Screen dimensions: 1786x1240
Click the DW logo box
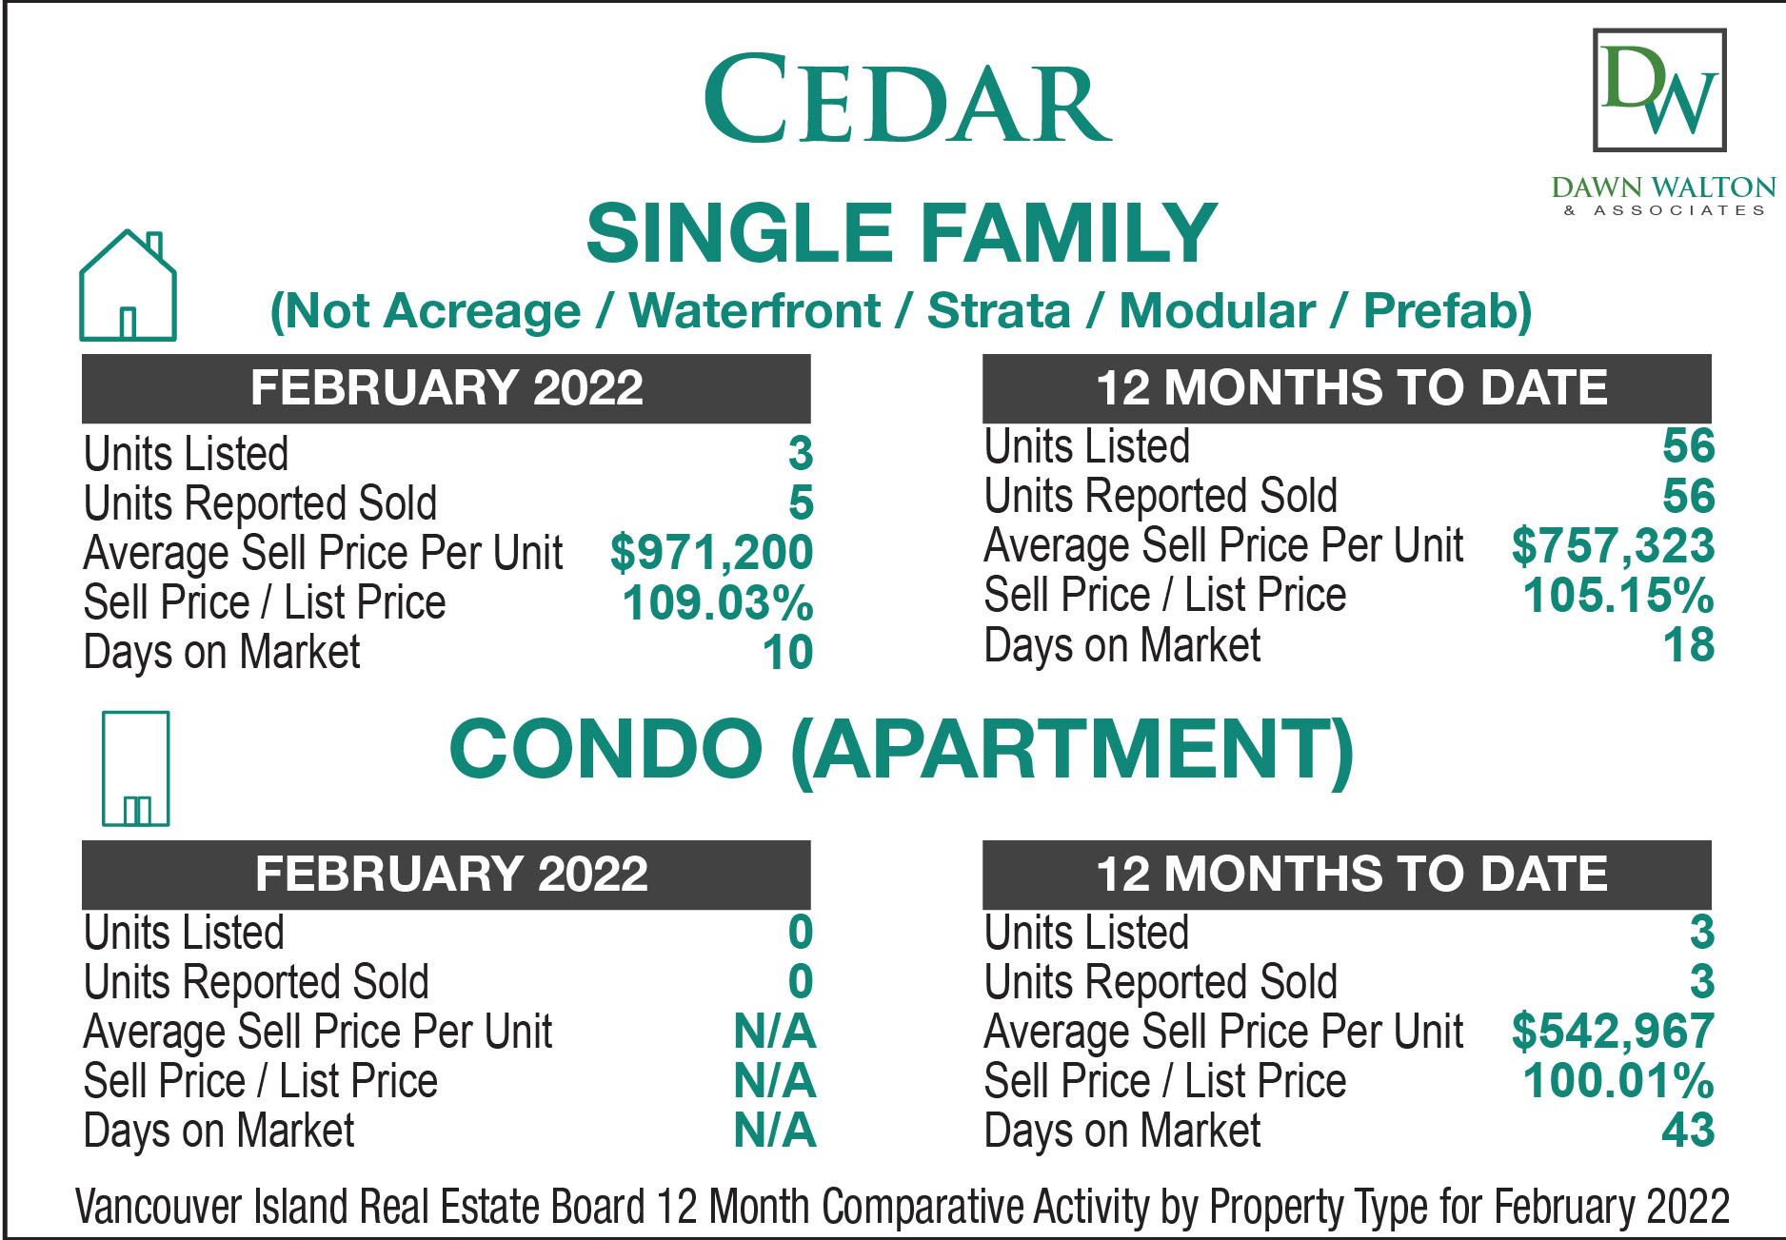point(1659,89)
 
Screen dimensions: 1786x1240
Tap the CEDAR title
point(907,99)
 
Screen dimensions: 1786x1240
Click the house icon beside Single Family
point(128,285)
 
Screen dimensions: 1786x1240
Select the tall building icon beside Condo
point(135,768)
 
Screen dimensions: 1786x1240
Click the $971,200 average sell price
point(711,552)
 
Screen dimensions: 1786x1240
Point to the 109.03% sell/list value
point(718,602)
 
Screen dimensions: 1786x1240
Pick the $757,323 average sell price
point(1613,545)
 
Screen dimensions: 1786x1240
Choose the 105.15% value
point(1618,596)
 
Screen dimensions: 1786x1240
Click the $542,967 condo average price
point(1613,1031)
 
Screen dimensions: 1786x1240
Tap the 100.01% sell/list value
point(1618,1081)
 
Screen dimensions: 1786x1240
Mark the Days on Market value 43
point(1688,1131)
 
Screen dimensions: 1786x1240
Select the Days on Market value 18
point(1689,645)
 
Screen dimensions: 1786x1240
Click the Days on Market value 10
point(787,652)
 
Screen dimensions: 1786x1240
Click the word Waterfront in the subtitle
point(755,310)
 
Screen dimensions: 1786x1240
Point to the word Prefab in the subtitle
point(1447,311)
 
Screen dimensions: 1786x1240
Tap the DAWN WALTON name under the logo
point(1663,187)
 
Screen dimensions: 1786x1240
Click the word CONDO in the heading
point(605,748)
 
